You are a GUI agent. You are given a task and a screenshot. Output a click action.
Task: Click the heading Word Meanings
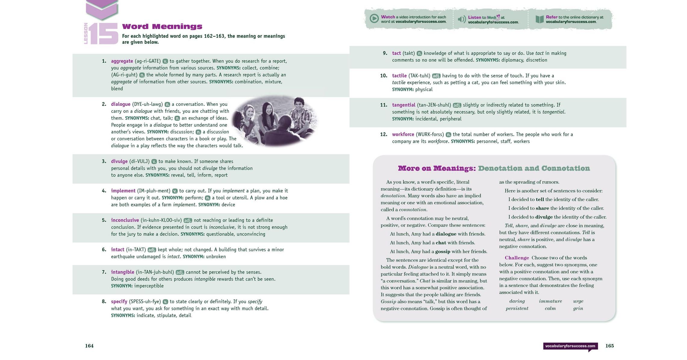point(162,27)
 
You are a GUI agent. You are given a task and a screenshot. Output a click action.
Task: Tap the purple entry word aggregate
point(122,61)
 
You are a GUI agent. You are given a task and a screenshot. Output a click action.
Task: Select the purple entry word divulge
point(119,161)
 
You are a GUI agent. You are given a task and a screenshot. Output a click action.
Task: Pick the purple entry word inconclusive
point(125,220)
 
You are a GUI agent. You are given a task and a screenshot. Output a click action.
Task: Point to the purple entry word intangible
point(122,272)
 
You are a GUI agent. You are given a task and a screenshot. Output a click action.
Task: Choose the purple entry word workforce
point(403,134)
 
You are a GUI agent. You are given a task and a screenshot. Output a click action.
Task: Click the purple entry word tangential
point(403,105)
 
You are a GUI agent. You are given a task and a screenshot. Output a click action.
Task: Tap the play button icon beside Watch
point(374,19)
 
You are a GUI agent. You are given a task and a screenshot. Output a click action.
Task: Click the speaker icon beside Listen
point(462,20)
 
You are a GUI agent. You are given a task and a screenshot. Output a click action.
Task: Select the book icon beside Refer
point(539,19)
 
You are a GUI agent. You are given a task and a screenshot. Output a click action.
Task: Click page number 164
point(89,346)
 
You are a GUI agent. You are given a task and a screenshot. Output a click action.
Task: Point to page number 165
point(609,346)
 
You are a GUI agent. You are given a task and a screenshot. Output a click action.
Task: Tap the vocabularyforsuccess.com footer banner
point(570,346)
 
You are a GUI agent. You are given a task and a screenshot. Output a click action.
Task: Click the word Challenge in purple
point(517,258)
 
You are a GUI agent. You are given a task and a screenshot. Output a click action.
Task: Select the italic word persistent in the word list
point(517,308)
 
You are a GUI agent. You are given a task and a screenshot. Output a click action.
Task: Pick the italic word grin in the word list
point(578,308)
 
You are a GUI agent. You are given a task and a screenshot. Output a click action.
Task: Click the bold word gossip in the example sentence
point(443,252)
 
